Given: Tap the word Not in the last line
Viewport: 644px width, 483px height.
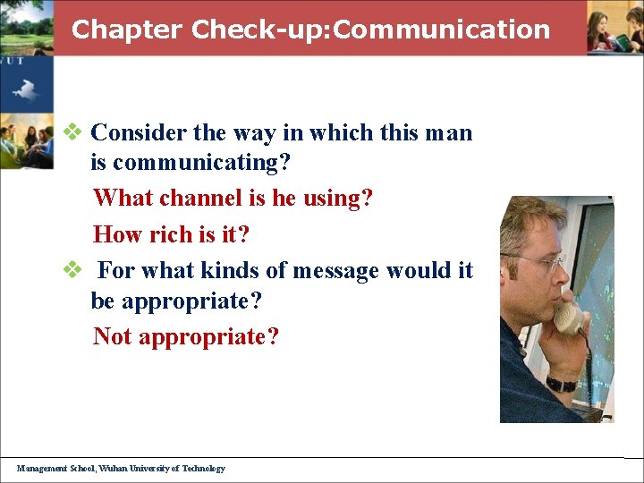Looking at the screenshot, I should click(x=113, y=336).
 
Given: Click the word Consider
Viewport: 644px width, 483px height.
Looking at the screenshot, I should click(x=139, y=132).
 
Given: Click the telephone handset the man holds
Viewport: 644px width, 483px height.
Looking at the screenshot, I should click(x=569, y=318).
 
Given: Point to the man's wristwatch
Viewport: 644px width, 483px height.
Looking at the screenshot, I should click(x=562, y=385).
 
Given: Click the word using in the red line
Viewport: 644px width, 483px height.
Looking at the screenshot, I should click(x=335, y=198).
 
